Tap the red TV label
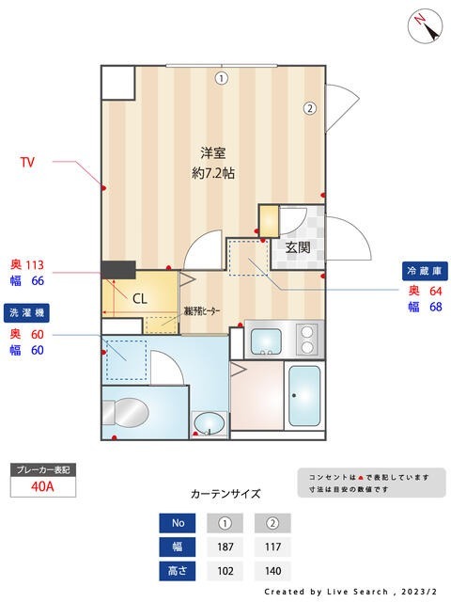point(28,162)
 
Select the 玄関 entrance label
point(298,247)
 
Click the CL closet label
point(138,299)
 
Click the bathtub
point(303,396)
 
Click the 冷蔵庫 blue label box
point(422,269)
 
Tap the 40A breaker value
point(41,486)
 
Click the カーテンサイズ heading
point(225,493)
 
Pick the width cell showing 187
point(225,547)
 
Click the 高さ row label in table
point(177,571)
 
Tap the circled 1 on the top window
point(220,78)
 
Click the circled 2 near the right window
point(309,107)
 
